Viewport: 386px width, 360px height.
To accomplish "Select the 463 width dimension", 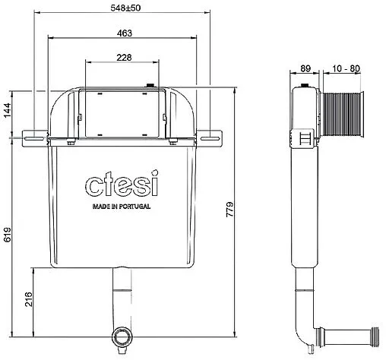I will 125,33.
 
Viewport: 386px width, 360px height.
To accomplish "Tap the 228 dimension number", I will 125,58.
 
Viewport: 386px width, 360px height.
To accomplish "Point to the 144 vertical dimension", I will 8,111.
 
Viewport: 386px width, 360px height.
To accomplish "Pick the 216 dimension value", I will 28,302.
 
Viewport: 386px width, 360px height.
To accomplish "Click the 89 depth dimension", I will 305,68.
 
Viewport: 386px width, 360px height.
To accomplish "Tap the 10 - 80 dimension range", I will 346,68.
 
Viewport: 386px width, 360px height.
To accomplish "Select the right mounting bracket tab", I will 214,137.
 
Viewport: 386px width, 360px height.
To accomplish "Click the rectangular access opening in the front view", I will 125,114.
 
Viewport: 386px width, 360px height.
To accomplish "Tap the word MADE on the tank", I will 101,206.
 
